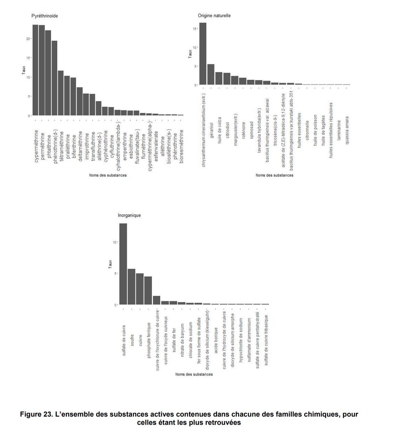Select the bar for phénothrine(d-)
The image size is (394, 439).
[x=54, y=78]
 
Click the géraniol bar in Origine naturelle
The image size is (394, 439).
[x=211, y=75]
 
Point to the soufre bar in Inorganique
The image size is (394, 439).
[x=131, y=287]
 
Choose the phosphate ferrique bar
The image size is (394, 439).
[x=148, y=290]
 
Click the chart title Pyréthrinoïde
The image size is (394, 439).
[x=45, y=16]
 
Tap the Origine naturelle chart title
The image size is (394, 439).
[x=214, y=16]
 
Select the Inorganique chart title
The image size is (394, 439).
[x=129, y=215]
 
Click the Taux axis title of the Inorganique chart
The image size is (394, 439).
[x=110, y=264]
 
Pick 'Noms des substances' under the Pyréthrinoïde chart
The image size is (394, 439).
[x=108, y=175]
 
